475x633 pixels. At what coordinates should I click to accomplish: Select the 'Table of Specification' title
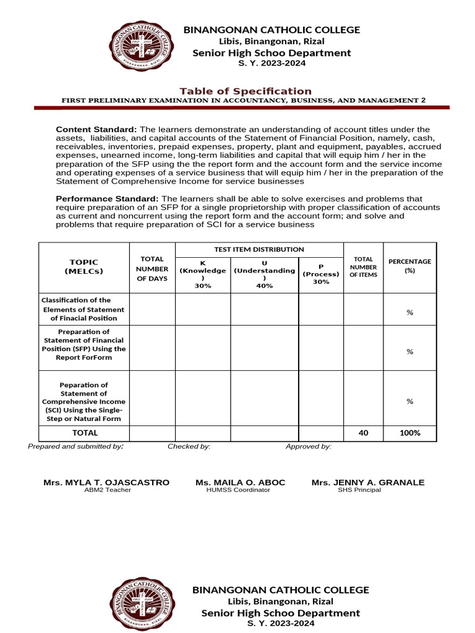click(x=246, y=91)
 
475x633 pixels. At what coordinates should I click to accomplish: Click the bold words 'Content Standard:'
click(x=97, y=129)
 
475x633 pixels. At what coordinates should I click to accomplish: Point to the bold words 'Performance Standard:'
click(x=107, y=198)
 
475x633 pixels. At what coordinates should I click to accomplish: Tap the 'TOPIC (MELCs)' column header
click(x=83, y=266)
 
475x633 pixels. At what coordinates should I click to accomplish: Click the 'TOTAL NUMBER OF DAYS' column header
click(x=152, y=268)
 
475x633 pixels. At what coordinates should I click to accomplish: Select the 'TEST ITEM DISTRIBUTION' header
click(x=259, y=249)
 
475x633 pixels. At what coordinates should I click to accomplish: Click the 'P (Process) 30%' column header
click(x=321, y=274)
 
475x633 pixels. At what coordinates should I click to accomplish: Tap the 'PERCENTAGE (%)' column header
click(x=409, y=266)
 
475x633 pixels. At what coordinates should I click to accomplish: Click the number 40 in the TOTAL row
click(x=363, y=433)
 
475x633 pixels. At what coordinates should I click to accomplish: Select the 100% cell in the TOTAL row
click(x=409, y=433)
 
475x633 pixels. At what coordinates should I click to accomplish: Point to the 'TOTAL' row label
click(x=85, y=433)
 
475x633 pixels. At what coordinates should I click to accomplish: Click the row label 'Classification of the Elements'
click(x=83, y=309)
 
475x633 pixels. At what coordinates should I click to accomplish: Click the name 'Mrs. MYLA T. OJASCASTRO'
click(x=106, y=482)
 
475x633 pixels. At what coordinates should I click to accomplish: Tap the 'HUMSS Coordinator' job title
click(x=238, y=490)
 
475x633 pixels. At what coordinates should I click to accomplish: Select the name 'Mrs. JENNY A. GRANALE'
click(x=359, y=482)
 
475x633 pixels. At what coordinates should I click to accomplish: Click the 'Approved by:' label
click(x=308, y=446)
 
